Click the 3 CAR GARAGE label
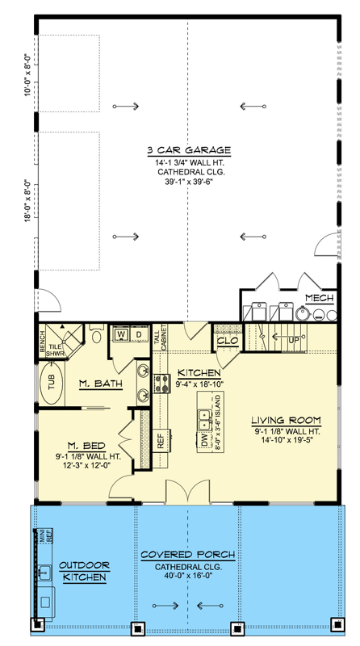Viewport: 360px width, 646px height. [189, 150]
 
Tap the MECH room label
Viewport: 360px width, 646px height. [319, 298]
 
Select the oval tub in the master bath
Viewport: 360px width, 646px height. [52, 384]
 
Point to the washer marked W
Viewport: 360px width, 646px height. [121, 334]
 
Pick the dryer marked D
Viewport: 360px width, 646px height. [139, 334]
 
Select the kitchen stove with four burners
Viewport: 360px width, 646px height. [162, 384]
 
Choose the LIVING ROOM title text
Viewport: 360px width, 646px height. [287, 421]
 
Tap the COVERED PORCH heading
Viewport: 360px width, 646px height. [188, 555]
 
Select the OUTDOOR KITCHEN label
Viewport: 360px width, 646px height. [84, 572]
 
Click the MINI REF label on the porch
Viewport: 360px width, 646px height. [46, 535]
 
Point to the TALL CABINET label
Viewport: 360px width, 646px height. [161, 337]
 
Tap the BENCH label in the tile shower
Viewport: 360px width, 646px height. [43, 342]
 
